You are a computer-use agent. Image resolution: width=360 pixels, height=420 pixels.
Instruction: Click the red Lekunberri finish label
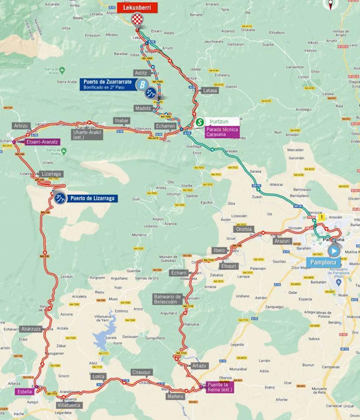(x=137, y=8)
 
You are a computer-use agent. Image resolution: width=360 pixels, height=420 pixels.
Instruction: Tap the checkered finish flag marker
(x=137, y=20)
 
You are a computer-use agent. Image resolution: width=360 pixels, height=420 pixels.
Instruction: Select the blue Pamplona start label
(x=323, y=263)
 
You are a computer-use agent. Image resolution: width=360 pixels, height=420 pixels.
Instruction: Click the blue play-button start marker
(x=334, y=251)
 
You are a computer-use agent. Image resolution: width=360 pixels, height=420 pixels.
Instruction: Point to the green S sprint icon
(x=199, y=122)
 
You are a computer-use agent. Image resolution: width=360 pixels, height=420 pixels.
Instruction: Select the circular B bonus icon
(x=142, y=84)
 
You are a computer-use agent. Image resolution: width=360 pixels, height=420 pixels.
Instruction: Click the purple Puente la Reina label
(x=219, y=387)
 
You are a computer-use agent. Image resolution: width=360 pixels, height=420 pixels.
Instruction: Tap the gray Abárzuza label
(x=31, y=329)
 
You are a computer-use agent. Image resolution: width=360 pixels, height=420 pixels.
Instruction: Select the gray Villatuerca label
(x=69, y=405)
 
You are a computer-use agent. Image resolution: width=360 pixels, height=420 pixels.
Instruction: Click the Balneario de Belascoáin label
(x=167, y=299)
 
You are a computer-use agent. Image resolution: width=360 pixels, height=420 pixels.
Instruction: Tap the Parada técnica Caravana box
(x=222, y=132)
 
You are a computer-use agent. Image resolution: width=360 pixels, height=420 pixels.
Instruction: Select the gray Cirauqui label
(x=142, y=372)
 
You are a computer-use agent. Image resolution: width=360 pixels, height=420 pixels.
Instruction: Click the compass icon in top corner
(x=330, y=5)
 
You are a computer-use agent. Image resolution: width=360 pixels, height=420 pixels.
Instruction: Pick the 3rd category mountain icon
(x=59, y=198)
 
